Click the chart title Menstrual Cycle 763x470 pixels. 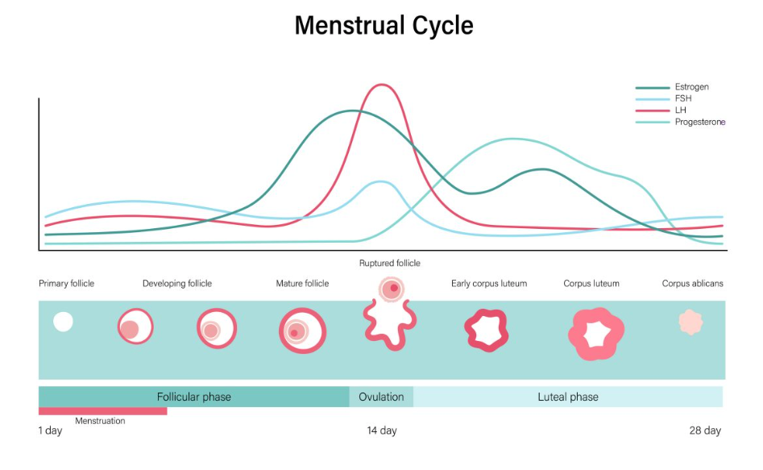tap(384, 25)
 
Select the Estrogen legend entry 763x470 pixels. tap(691, 87)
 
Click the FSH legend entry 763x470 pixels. tap(682, 98)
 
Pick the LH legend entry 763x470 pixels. tap(681, 110)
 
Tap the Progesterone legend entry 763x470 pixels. tap(699, 123)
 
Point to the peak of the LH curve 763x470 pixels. tap(382, 85)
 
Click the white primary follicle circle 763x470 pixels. tap(63, 322)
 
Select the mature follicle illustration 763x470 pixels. tap(302, 331)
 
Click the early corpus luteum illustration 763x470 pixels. tap(486, 330)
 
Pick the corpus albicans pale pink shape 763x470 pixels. tap(690, 322)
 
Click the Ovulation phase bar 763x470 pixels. tap(381, 397)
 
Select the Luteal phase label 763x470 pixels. tap(568, 397)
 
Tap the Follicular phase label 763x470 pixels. tap(193, 397)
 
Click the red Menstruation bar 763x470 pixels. tap(102, 411)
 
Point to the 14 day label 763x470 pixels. tap(382, 430)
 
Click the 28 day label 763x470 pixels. tap(705, 430)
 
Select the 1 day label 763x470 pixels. tap(50, 430)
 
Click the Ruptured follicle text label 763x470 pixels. tap(389, 263)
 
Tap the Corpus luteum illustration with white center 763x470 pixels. tap(596, 333)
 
